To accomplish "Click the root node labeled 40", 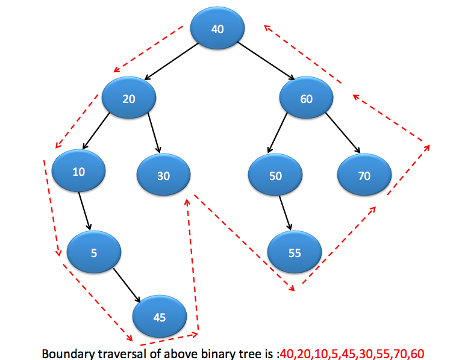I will pos(217,28).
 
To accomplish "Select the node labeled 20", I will pos(129,99).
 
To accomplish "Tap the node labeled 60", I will pos(307,99).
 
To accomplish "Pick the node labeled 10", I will pos(79,172).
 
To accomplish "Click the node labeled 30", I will pos(164,176).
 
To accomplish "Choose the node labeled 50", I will pos(275,176).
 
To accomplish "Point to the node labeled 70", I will pos(364,176).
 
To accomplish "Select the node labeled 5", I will pos(94,253).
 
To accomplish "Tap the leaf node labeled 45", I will pos(160,317).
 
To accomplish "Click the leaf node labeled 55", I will pos(295,253).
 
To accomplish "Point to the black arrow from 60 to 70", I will pos(343,132).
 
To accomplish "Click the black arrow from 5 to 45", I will pos(127,285).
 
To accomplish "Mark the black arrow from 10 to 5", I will pos(85,210).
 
